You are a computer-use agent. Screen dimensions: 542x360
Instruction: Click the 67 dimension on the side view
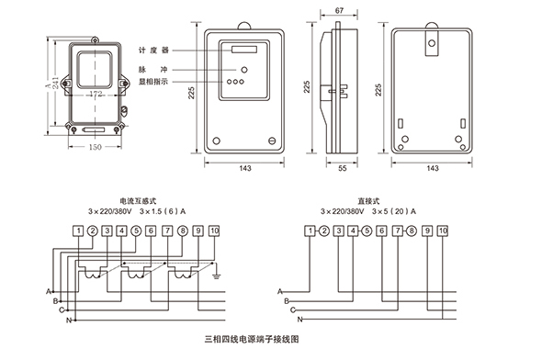pyautogui.click(x=339, y=11)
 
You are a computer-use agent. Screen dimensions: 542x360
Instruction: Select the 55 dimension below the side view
pyautogui.click(x=343, y=168)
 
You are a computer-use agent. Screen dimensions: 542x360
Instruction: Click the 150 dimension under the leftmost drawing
pyautogui.click(x=95, y=147)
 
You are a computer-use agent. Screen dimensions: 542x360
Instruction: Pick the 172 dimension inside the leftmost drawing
pyautogui.click(x=96, y=94)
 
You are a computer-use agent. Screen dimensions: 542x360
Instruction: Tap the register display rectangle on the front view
pyautogui.click(x=244, y=50)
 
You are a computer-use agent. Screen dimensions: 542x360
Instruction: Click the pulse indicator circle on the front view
pyautogui.click(x=244, y=70)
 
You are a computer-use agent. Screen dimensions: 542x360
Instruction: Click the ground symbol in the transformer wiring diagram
pyautogui.click(x=217, y=276)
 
